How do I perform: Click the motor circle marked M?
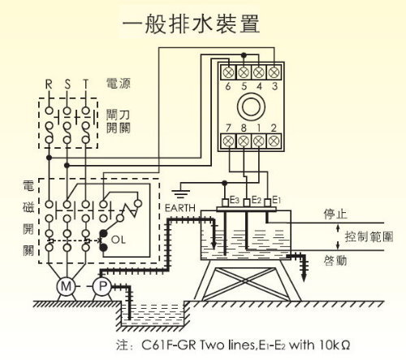tap(67, 287)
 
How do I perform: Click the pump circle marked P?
tap(102, 286)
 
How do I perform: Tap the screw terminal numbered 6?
tap(228, 72)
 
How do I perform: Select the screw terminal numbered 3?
tap(274, 72)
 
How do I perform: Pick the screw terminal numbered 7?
tap(229, 141)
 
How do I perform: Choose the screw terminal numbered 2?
tap(274, 141)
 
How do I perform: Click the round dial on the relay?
tap(251, 106)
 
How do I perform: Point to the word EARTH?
tap(180, 208)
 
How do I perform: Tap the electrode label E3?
tap(235, 200)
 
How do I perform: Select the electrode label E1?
tap(276, 200)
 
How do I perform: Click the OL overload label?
tap(119, 240)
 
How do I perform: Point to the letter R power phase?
tap(49, 85)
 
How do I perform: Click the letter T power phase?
tap(86, 85)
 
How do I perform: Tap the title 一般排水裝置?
tap(191, 24)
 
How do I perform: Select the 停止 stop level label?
tap(335, 214)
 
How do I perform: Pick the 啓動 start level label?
tap(335, 261)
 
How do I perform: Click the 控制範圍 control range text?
tap(369, 236)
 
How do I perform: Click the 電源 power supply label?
tap(119, 83)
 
